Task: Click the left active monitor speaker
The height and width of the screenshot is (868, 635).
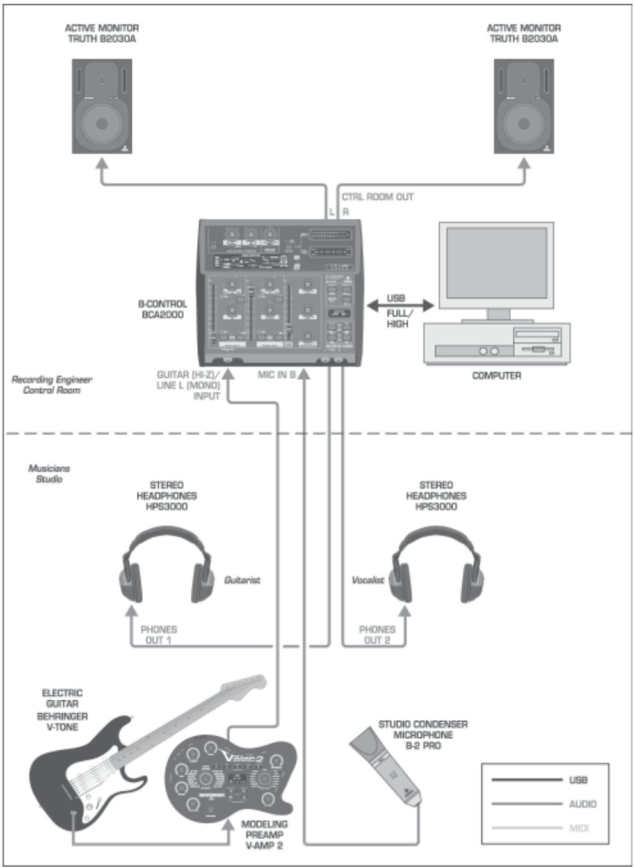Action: [102, 106]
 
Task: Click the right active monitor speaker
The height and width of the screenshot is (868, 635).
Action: [523, 106]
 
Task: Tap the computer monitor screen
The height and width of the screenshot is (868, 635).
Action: [496, 262]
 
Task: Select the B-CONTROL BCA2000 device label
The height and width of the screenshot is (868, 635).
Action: [163, 309]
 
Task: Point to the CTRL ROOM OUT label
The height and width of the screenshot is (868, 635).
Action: [377, 197]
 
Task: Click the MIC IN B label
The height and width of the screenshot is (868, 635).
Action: [276, 375]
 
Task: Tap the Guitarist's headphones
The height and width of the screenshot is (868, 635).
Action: [167, 566]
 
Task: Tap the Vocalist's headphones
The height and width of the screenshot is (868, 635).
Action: [437, 566]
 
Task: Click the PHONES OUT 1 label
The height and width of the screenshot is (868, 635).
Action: [158, 635]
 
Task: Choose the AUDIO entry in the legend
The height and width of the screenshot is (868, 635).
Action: [582, 804]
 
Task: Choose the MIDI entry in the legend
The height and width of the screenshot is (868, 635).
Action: [579, 828]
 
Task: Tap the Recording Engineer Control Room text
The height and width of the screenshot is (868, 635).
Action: [52, 384]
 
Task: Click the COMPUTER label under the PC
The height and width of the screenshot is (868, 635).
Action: [496, 375]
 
